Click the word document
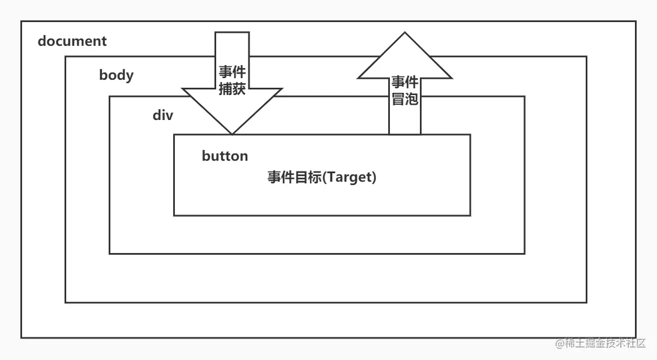(72, 41)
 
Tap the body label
(116, 75)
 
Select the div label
(162, 115)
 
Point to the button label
(225, 156)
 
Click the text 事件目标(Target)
(322, 177)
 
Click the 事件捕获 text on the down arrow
(232, 80)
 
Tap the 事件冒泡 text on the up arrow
(405, 91)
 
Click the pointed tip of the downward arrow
(232, 134)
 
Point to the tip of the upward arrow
(405, 34)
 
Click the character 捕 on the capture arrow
(225, 89)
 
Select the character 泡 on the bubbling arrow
(412, 99)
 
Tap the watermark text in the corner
(600, 343)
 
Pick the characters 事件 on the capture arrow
(232, 72)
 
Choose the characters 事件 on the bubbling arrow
(405, 83)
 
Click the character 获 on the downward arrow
(239, 89)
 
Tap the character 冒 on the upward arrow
(398, 99)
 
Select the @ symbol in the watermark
(559, 344)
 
